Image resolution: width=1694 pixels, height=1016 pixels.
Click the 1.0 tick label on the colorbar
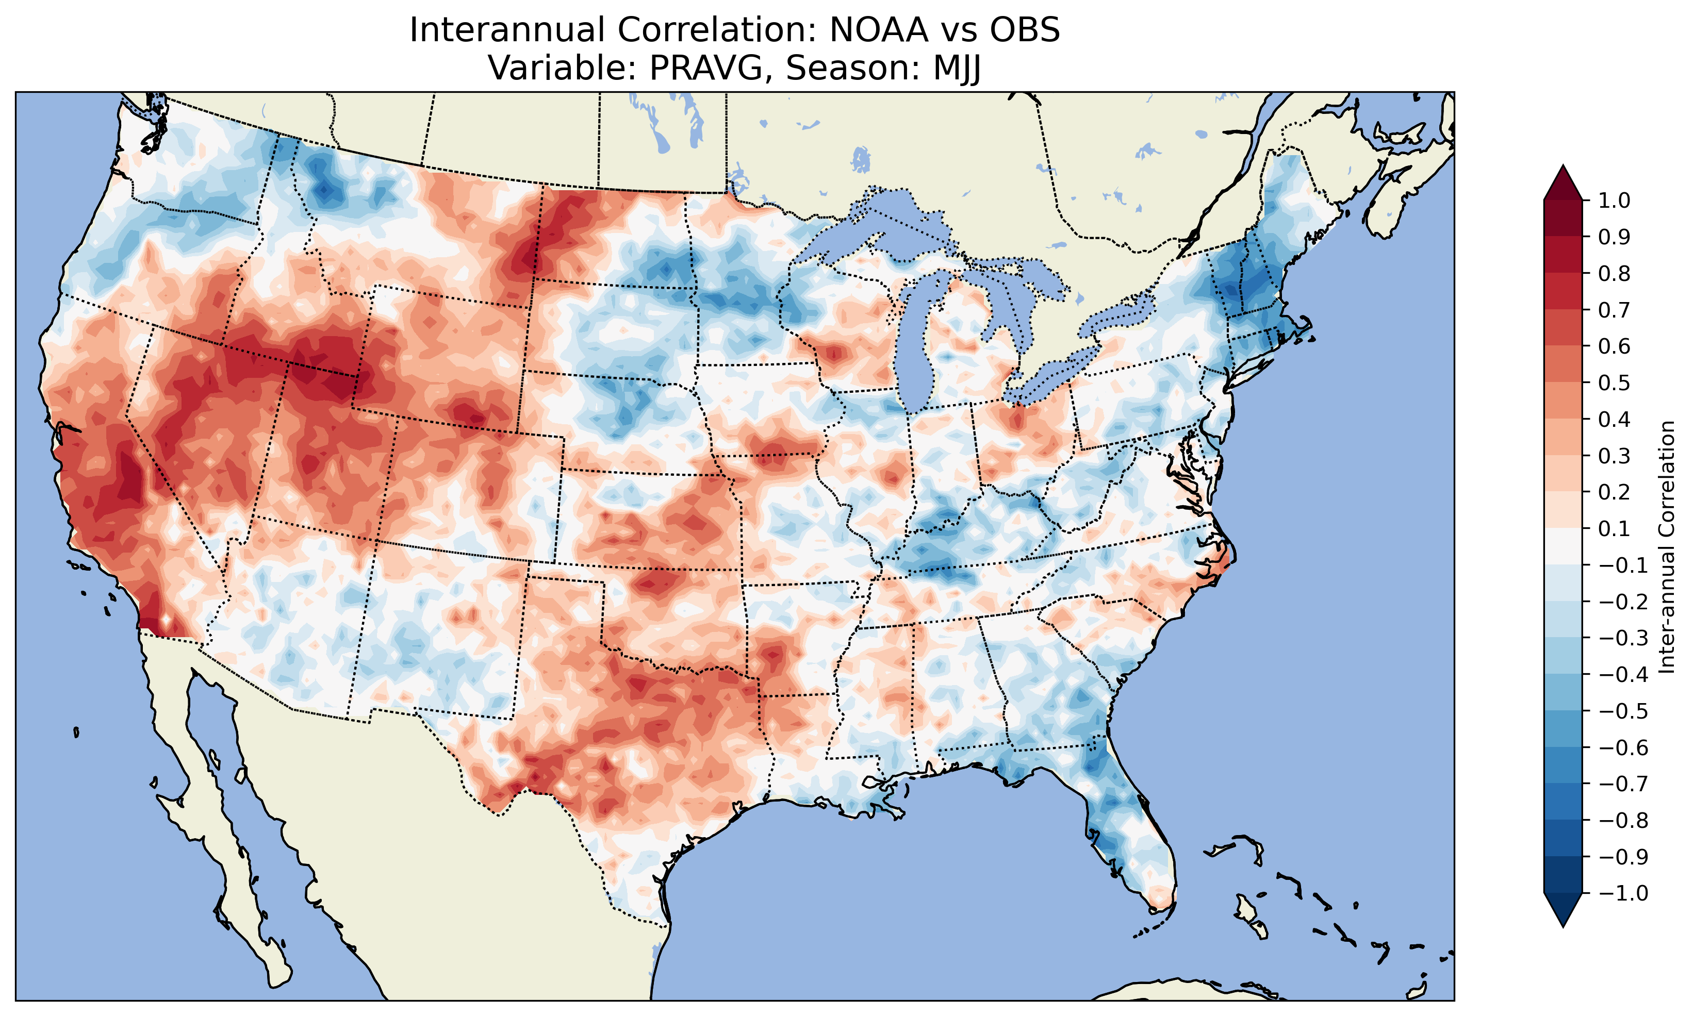tap(1615, 201)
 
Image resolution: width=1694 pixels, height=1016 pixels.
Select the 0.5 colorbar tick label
tap(1615, 382)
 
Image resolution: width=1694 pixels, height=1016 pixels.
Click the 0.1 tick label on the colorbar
tap(1615, 528)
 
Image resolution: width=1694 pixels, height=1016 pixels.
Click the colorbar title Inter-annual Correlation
tap(1667, 547)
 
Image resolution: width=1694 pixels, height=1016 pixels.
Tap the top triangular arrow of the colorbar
tap(1563, 181)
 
